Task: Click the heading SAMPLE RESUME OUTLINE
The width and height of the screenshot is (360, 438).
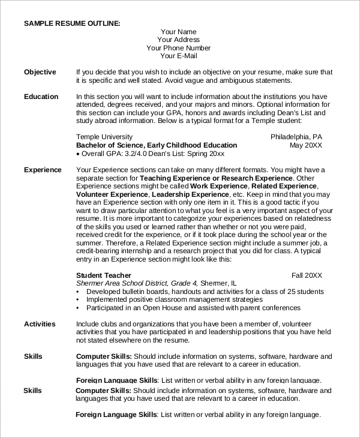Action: click(x=72, y=23)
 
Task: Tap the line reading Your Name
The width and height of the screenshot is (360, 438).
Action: click(x=179, y=32)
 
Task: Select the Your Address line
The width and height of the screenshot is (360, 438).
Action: click(x=179, y=40)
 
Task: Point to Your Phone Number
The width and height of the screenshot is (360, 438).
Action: click(x=179, y=48)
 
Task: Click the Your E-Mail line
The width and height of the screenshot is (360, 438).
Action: click(x=179, y=56)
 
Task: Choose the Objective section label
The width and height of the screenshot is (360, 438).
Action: click(x=40, y=72)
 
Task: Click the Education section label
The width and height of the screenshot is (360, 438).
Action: click(x=41, y=97)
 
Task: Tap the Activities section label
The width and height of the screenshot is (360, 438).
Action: click(x=40, y=324)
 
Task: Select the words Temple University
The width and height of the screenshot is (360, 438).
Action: click(x=105, y=137)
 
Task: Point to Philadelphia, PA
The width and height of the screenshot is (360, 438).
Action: click(x=296, y=137)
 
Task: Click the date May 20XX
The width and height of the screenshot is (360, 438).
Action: click(x=306, y=145)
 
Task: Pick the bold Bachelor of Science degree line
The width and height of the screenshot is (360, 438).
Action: click(x=157, y=145)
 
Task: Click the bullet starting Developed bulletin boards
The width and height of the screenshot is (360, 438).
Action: click(x=205, y=292)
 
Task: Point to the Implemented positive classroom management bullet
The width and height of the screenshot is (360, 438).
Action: click(x=174, y=299)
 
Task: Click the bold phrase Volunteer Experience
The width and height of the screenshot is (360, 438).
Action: click(x=112, y=195)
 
